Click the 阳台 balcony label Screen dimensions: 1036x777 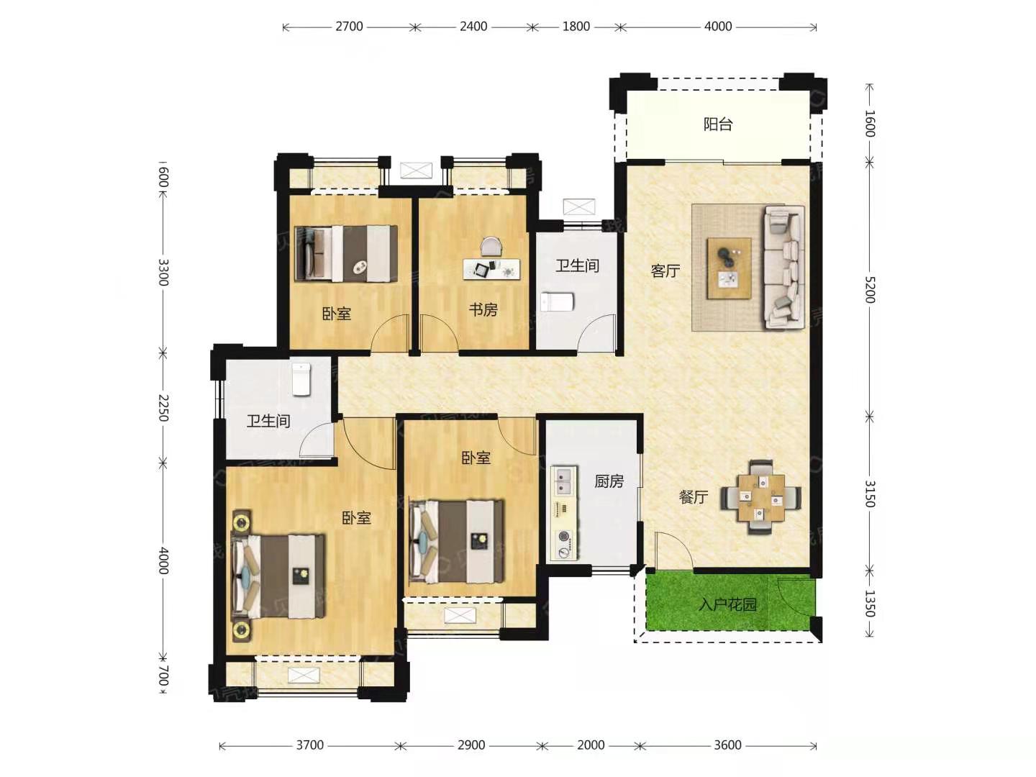(717, 124)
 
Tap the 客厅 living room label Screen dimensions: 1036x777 (665, 271)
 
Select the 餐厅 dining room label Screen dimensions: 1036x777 (694, 496)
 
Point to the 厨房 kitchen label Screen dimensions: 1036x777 (609, 481)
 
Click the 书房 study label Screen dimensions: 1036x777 (483, 310)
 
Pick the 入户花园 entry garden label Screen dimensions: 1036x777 (727, 604)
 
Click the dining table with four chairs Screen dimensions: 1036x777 (760, 497)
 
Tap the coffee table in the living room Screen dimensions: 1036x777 (729, 268)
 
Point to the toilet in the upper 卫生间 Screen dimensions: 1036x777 (557, 302)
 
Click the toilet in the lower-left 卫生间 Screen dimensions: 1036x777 (301, 379)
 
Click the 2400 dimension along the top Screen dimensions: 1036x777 (473, 27)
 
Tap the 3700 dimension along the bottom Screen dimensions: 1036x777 (309, 745)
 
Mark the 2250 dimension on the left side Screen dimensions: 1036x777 (163, 408)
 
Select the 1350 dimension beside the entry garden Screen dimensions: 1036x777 (870, 604)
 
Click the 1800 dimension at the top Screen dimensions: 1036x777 (576, 27)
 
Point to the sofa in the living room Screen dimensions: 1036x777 (783, 267)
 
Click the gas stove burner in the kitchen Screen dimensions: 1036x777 (563, 537)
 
